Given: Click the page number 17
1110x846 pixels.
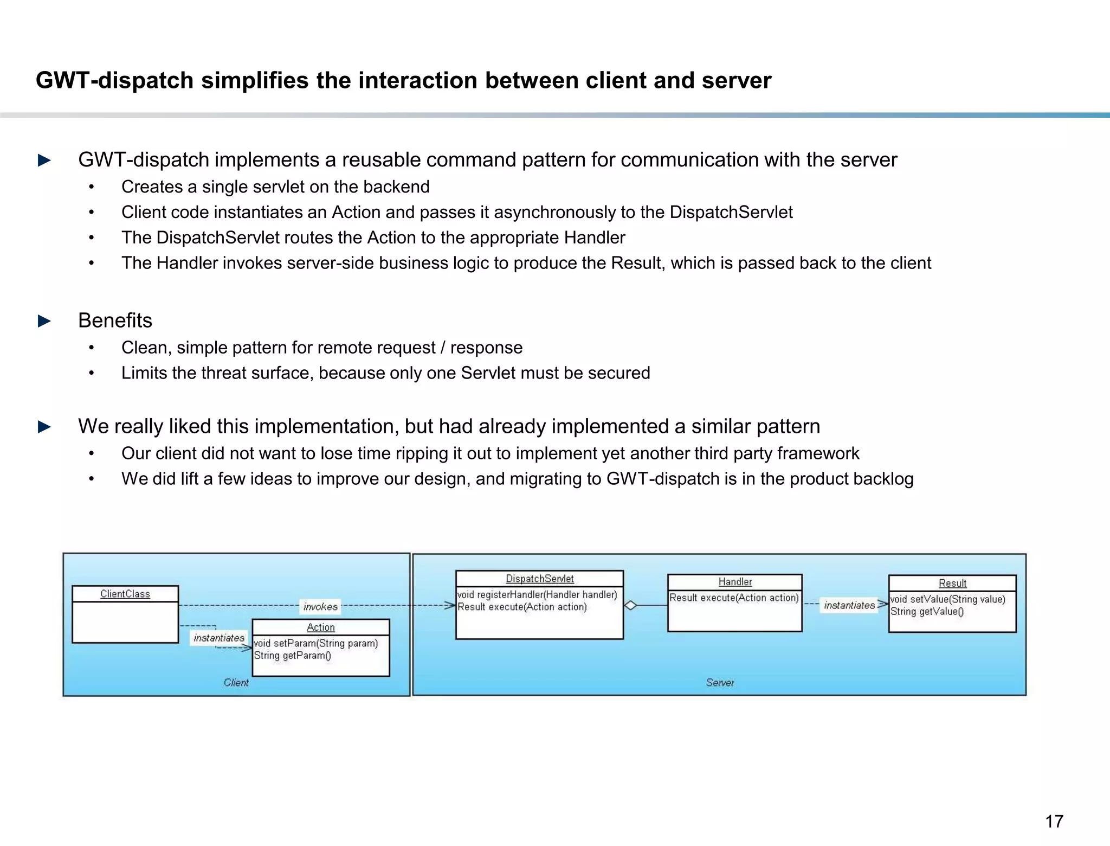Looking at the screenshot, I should (1054, 821).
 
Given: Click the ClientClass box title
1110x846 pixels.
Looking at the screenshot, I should (125, 594).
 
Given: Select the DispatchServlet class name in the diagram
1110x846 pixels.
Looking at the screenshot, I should (539, 579).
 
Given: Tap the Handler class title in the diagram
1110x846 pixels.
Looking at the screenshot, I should (735, 582).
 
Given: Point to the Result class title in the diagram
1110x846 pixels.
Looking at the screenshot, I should (952, 583).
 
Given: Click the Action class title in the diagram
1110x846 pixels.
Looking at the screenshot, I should (321, 627).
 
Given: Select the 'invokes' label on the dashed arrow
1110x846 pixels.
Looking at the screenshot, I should (320, 607).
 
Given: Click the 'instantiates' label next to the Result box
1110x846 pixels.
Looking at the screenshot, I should (849, 605).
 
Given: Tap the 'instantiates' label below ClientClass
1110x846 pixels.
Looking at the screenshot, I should (219, 638).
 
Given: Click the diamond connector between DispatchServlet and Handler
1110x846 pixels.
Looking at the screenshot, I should (630, 605).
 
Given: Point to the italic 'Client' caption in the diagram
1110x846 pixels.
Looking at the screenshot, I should (236, 683).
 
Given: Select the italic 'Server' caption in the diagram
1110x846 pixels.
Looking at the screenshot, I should (720, 683).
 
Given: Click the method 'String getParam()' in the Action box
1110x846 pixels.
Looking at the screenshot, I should (292, 656).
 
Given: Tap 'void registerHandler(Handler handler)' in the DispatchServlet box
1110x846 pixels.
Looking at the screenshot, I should (537, 595).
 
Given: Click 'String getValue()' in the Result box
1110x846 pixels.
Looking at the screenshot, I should (927, 612).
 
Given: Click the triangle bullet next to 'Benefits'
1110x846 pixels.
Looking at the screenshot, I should (44, 321).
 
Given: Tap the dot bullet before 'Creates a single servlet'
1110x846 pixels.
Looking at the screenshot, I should (92, 187).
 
